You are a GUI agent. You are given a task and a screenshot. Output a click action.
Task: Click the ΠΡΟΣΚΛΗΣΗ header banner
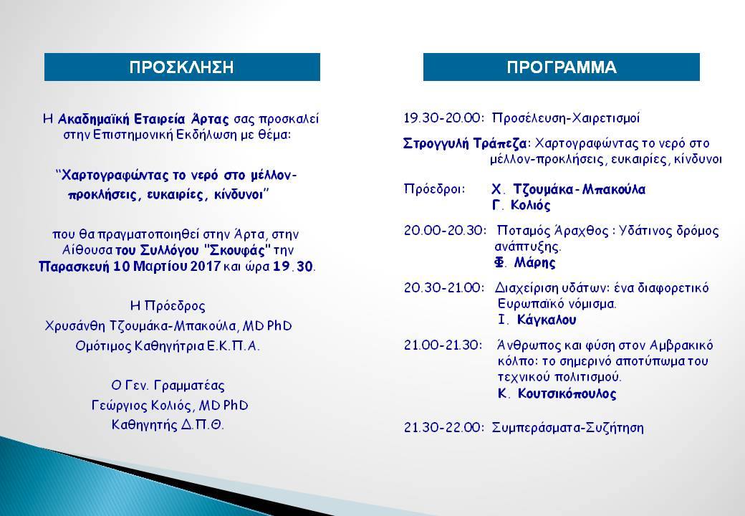(182, 67)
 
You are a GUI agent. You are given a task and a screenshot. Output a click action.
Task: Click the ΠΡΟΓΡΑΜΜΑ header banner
(561, 67)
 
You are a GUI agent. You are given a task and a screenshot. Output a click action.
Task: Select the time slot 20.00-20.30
(445, 231)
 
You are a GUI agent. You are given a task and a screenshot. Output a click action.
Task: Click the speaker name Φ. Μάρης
(524, 262)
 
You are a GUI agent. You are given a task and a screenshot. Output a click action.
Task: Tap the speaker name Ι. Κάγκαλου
(537, 320)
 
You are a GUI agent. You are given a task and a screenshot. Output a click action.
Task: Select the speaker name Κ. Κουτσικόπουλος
(557, 394)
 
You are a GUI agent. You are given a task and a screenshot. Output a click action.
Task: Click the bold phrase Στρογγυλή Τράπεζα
(465, 143)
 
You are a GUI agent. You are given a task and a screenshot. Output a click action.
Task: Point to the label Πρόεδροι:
(434, 189)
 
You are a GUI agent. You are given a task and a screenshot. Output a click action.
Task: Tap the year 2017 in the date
(205, 266)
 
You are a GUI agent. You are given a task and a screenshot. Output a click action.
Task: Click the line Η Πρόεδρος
(168, 306)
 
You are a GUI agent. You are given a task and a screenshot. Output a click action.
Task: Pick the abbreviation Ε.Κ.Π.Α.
(234, 345)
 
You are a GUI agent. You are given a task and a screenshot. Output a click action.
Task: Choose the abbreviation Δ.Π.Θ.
(202, 424)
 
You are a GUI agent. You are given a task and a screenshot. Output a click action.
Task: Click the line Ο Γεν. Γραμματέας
(168, 386)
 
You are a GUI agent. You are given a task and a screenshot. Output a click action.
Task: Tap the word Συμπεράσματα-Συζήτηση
(568, 428)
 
